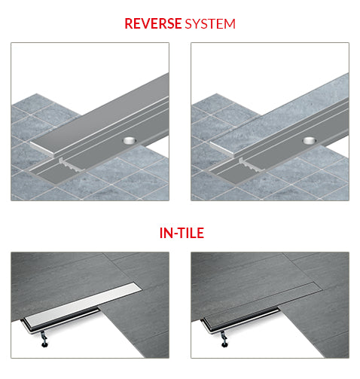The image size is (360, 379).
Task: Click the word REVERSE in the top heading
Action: point(153,23)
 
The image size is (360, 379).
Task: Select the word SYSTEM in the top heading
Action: point(210,23)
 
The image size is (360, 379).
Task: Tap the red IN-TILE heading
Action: point(180,234)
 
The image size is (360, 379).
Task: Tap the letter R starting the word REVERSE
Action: point(129,23)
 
